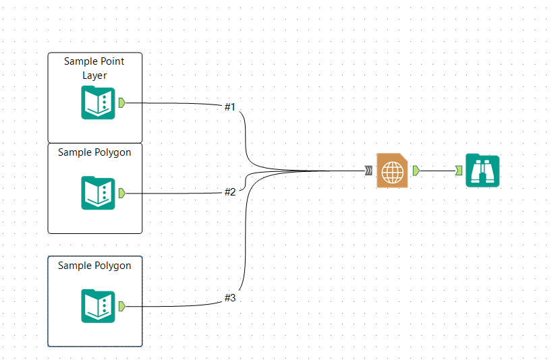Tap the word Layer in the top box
click(95, 76)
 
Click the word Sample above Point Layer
click(80, 61)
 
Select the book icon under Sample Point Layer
click(98, 103)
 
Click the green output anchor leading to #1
click(121, 102)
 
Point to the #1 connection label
click(230, 107)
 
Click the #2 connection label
click(230, 192)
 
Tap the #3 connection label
click(230, 297)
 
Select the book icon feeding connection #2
click(98, 193)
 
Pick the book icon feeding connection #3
click(98, 306)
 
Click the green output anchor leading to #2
click(121, 193)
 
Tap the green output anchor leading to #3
click(121, 306)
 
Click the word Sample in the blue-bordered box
click(74, 266)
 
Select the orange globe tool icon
click(392, 170)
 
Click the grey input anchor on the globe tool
click(368, 171)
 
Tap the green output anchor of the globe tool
click(416, 170)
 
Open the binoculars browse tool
click(482, 171)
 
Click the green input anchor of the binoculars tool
click(459, 171)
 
